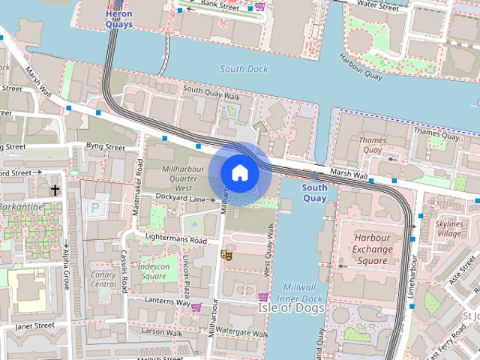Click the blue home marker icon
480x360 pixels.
point(240,173)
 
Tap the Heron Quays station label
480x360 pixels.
point(119,18)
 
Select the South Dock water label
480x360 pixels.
point(244,69)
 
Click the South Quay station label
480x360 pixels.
point(314,193)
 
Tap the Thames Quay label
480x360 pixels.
point(373,145)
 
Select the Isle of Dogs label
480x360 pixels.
point(291,307)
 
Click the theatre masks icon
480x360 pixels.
point(226,255)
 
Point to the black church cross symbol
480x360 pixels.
point(55,190)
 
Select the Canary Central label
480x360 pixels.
point(103,279)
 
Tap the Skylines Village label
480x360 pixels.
point(448,229)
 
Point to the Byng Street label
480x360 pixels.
point(105,148)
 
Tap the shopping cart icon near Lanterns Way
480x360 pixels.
point(196,307)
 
